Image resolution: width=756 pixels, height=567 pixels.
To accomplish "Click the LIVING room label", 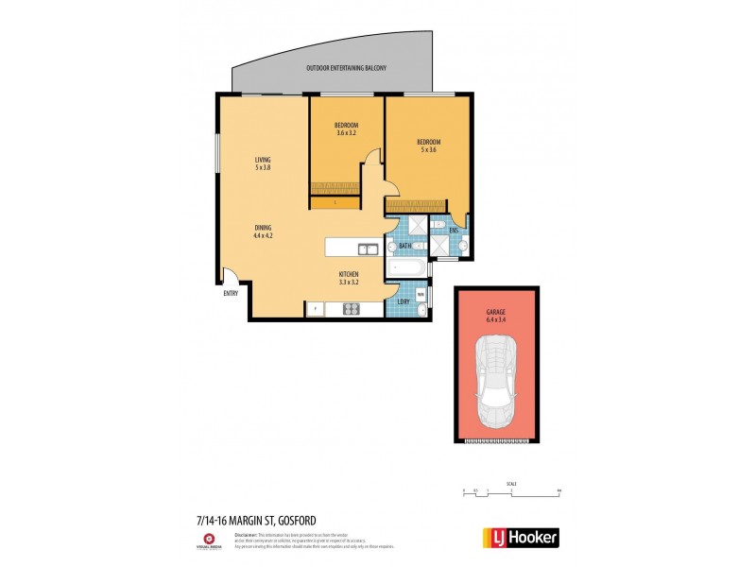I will click(263, 161).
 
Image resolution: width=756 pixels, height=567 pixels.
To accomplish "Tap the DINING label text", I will click(263, 228).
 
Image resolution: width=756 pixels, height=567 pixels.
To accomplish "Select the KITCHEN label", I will click(350, 275).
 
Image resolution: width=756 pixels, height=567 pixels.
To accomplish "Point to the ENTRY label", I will click(231, 293).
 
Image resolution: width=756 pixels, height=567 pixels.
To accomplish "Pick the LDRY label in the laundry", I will click(403, 302).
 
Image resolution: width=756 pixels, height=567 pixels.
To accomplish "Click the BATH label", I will click(404, 247).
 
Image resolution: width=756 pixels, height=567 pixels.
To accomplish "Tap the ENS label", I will click(454, 231).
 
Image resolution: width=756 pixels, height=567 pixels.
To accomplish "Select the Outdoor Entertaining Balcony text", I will click(347, 69).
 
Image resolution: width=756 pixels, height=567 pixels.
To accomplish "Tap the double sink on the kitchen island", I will click(368, 249).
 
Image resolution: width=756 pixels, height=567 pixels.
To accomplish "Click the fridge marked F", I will click(315, 308).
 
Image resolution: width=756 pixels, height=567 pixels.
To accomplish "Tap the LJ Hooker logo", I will click(521, 537).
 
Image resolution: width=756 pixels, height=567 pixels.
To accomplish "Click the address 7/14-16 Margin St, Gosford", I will click(255, 519).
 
